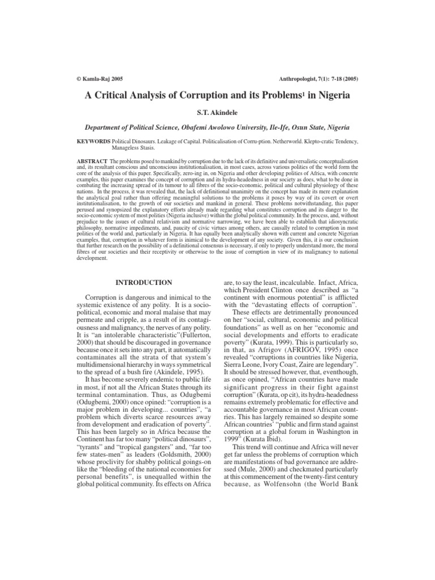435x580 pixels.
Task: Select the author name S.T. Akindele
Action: [217, 113]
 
